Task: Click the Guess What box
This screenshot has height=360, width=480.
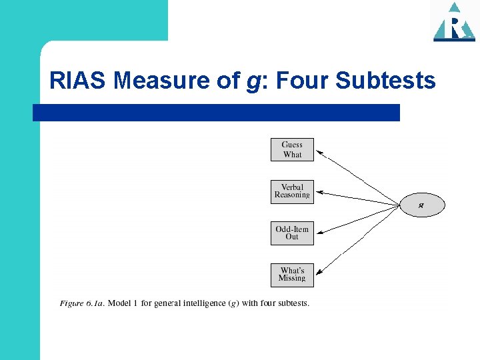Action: click(292, 149)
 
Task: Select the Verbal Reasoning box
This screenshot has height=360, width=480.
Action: click(292, 192)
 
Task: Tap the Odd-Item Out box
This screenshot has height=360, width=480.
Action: click(292, 233)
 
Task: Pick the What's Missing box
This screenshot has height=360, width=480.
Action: click(292, 275)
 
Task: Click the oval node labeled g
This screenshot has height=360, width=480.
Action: click(421, 205)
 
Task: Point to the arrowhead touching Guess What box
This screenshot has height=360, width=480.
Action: click(318, 153)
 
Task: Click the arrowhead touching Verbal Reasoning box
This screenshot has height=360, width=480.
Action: click(318, 193)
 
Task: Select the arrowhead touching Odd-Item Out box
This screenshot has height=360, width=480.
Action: click(318, 233)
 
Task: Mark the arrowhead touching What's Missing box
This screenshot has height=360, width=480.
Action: click(318, 273)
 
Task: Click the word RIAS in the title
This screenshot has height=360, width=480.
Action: click(78, 81)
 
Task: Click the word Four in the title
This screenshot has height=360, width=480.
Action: click(300, 81)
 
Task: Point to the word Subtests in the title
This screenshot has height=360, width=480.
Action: click(386, 81)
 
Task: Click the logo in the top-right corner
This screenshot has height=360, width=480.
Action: click(454, 22)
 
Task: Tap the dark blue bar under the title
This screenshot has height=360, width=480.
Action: click(216, 113)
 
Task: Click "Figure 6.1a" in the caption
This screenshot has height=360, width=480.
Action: click(81, 304)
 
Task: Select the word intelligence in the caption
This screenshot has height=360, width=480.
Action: click(199, 304)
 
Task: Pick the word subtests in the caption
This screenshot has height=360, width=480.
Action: click(293, 304)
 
